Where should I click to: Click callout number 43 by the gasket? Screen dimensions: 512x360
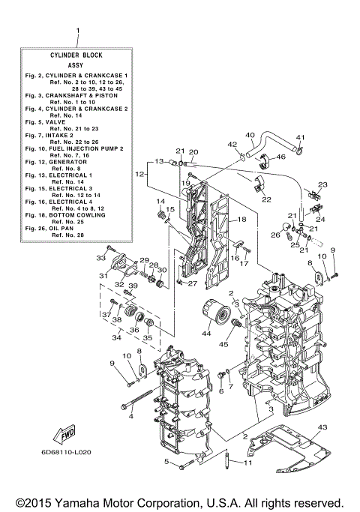click(322, 427)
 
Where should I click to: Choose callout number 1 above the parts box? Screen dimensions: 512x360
click(77, 31)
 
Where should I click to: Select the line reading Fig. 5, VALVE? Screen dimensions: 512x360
click(46, 121)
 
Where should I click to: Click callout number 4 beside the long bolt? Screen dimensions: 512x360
click(131, 415)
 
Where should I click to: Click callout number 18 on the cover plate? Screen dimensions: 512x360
click(242, 220)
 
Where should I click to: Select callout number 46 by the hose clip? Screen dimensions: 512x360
click(280, 157)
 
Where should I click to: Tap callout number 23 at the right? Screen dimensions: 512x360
click(323, 184)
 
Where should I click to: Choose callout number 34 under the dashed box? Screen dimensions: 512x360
click(116, 339)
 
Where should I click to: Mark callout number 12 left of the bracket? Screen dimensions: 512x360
click(139, 174)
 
